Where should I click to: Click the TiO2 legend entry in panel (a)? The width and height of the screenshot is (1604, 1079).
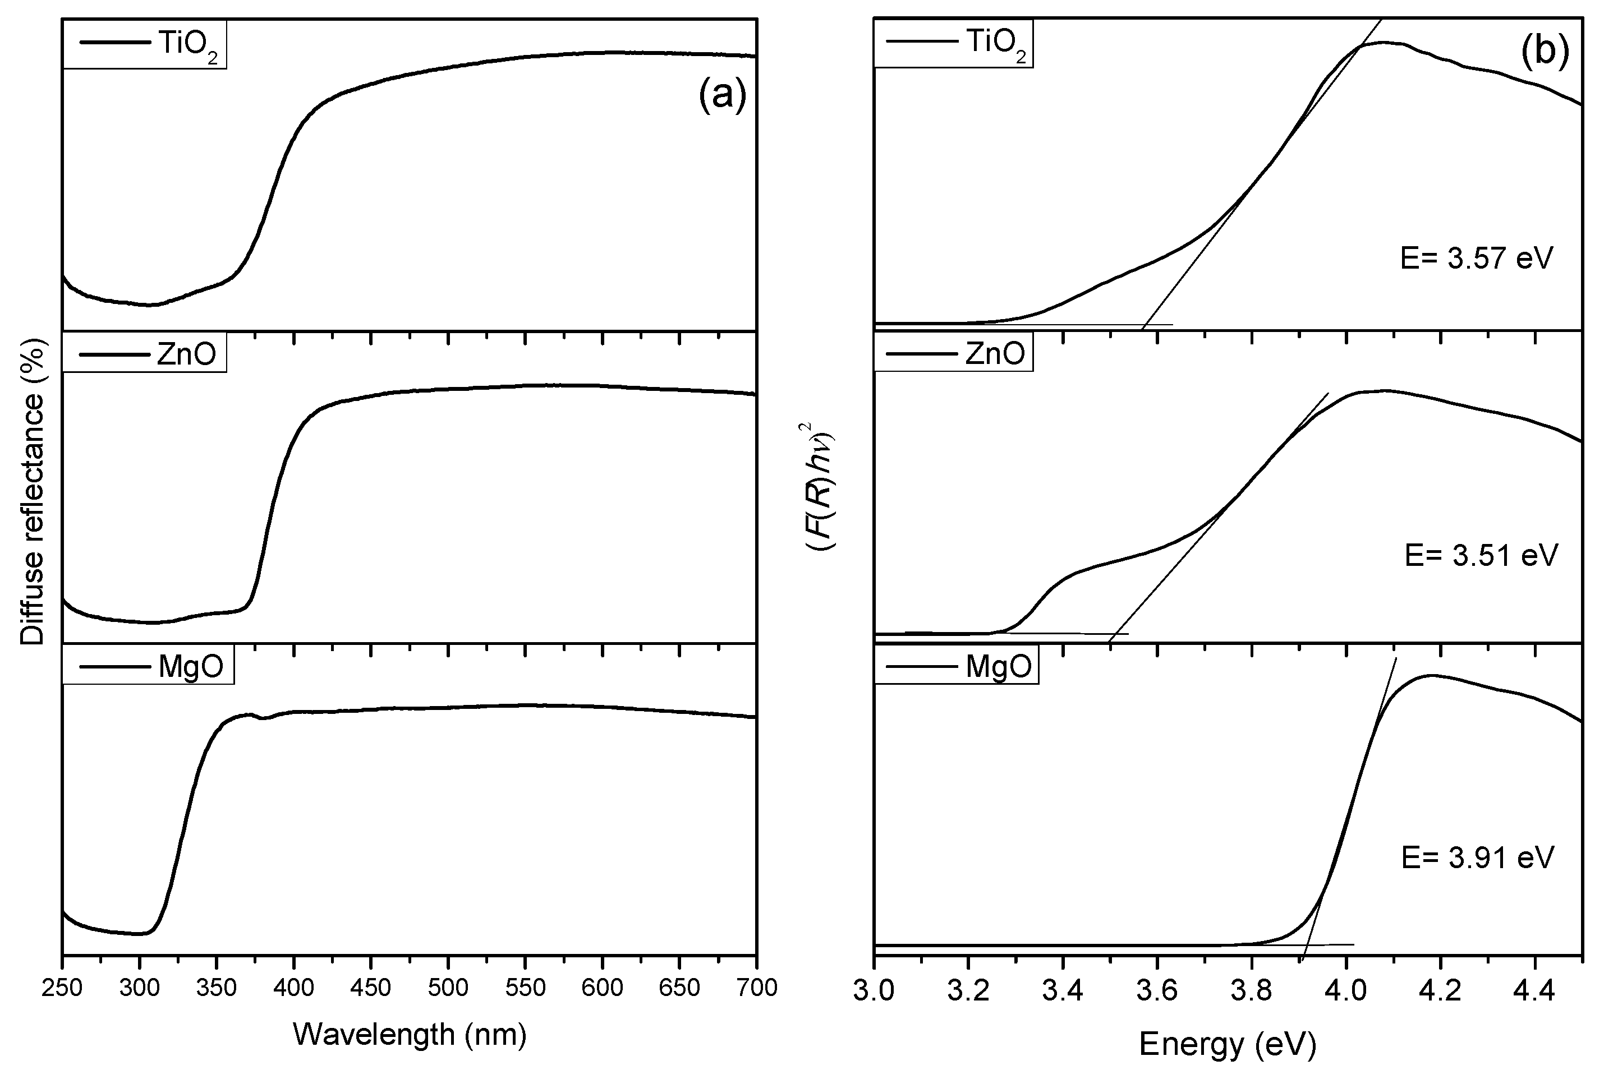(145, 45)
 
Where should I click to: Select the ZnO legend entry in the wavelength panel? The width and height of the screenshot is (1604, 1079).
(145, 354)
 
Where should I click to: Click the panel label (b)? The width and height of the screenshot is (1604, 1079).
(1545, 52)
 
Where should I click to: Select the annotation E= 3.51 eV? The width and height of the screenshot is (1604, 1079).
(1480, 555)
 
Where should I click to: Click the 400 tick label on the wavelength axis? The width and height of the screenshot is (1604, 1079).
(294, 988)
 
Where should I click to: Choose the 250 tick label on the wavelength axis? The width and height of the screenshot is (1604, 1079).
(63, 988)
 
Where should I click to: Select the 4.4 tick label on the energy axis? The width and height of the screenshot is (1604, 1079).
(1534, 992)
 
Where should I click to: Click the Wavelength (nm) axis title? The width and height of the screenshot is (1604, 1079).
(410, 1034)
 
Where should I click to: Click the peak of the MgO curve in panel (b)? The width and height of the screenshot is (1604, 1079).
(1432, 675)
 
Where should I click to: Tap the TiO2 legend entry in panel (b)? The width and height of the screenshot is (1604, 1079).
(953, 43)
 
